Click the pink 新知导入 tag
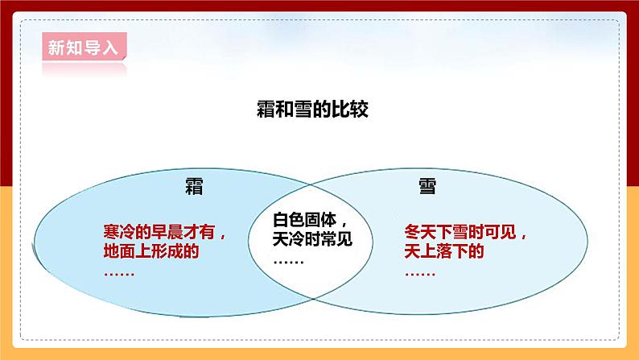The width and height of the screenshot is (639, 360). [x=81, y=47]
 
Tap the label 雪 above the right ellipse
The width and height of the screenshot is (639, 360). [x=427, y=187]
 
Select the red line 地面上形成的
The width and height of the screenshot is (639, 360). [x=150, y=251]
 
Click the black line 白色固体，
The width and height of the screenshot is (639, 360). [x=311, y=220]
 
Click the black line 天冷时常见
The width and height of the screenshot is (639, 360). [x=311, y=239]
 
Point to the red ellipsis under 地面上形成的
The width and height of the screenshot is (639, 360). [x=119, y=271]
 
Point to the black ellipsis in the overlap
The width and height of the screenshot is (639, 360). [x=288, y=259]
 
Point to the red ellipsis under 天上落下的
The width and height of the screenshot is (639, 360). [x=418, y=271]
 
